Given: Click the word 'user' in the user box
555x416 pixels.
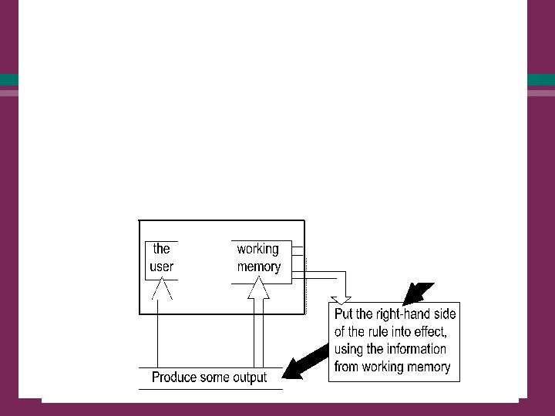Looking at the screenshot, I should pyautogui.click(x=162, y=267).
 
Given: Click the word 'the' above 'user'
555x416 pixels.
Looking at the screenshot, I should pyautogui.click(x=162, y=249).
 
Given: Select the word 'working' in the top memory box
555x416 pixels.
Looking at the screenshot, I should pyautogui.click(x=258, y=249).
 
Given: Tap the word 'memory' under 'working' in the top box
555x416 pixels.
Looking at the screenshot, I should pyautogui.click(x=258, y=267).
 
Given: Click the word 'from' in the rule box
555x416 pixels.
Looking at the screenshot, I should pyautogui.click(x=347, y=367).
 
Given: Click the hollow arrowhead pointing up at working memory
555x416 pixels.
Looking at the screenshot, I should pyautogui.click(x=258, y=290).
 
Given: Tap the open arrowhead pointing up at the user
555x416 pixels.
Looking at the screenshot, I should pyautogui.click(x=162, y=290).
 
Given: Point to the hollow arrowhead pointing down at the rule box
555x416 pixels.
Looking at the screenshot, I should pyautogui.click(x=341, y=300).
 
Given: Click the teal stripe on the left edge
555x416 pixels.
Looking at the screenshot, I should pyautogui.click(x=9, y=79).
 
